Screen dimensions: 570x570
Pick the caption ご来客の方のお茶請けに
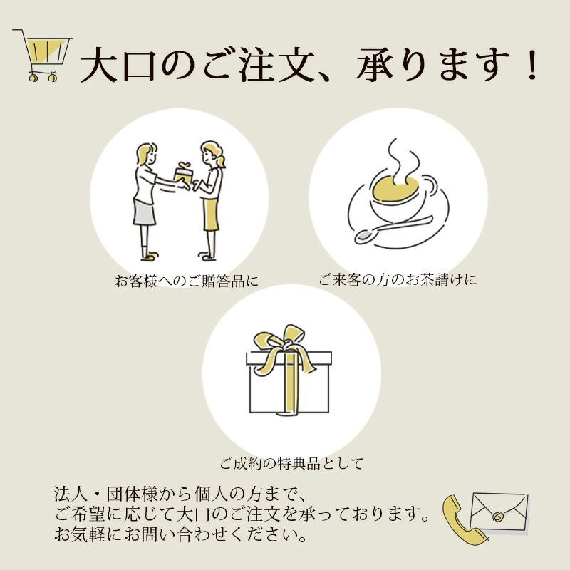pyautogui.click(x=398, y=279)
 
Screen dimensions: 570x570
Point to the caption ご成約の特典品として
pyautogui.click(x=291, y=464)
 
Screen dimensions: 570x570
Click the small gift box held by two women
pyautogui.click(x=183, y=175)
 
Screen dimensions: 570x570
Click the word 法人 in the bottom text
pyautogui.click(x=69, y=494)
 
